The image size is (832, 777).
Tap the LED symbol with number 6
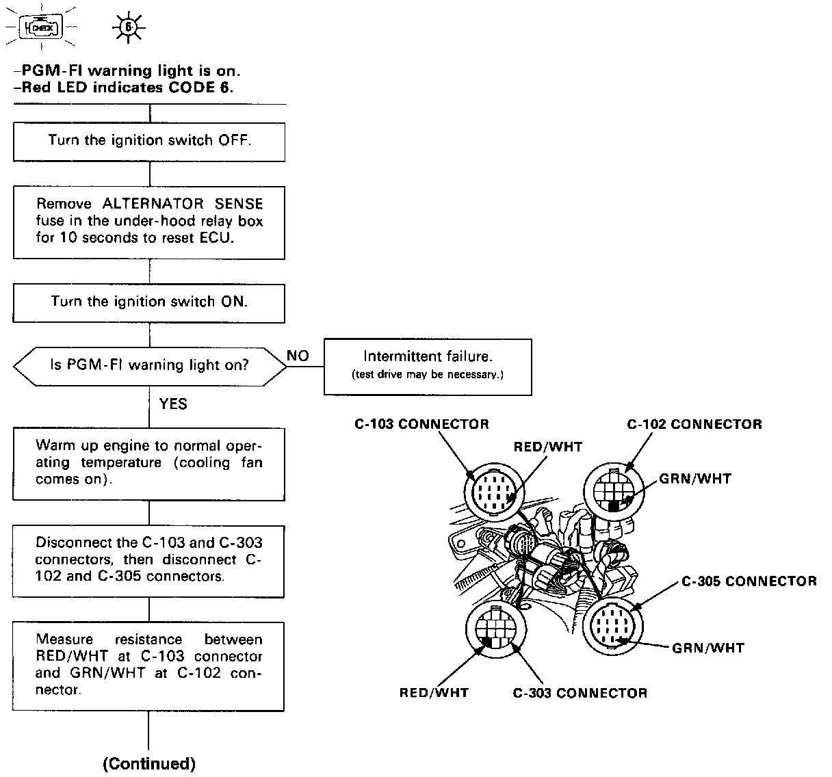point(128,27)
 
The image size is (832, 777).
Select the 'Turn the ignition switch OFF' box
point(149,141)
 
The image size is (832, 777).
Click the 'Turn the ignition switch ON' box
point(149,302)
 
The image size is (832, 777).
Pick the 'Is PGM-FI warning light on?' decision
point(150,365)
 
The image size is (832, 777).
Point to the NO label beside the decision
point(298,356)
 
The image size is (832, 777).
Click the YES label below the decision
point(173,404)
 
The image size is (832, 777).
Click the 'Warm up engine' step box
point(149,463)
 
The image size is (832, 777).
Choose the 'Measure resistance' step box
point(149,666)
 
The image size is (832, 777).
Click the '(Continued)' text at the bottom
point(149,763)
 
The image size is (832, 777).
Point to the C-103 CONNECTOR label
point(421,424)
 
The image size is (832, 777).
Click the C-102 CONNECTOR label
point(694,425)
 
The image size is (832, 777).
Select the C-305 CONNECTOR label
point(749,581)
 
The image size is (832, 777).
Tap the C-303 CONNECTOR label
point(580,693)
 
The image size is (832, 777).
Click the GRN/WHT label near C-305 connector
point(708,648)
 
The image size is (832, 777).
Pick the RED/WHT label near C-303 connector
point(434,693)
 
